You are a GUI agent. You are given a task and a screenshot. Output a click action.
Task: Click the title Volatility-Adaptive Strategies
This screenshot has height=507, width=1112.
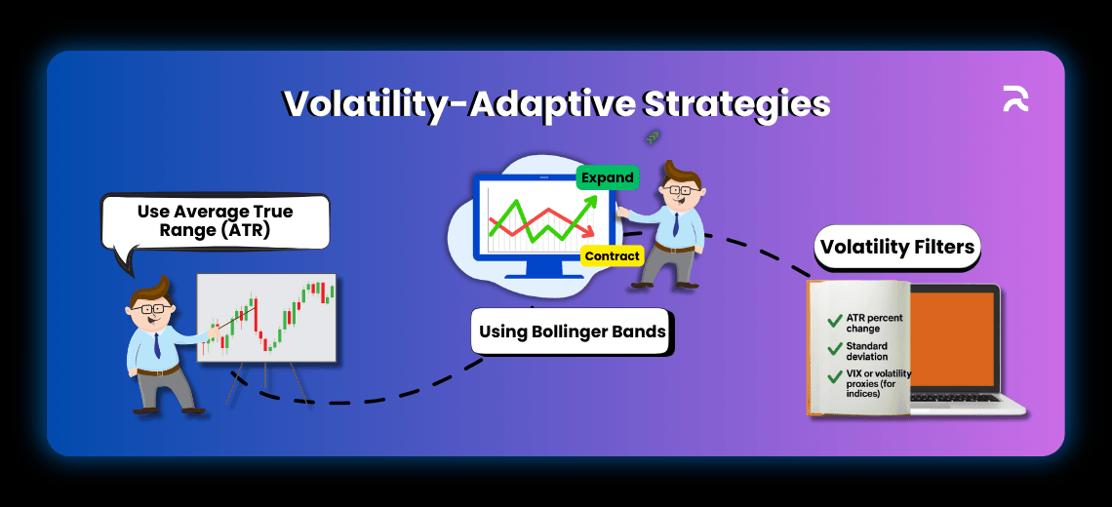[x=556, y=103]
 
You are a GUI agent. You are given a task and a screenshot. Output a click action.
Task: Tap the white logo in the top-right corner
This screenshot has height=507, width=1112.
[x=1015, y=98]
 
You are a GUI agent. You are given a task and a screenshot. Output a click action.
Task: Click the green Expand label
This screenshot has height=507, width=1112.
[x=607, y=178]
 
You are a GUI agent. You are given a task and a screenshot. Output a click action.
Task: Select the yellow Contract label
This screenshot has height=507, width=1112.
[x=612, y=256]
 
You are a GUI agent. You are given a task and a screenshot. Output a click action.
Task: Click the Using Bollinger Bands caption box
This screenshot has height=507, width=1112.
[x=573, y=332]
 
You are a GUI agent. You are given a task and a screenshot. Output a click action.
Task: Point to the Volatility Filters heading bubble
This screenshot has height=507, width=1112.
[x=896, y=247]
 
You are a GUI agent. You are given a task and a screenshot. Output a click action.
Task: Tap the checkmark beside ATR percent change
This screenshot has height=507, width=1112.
[x=835, y=321]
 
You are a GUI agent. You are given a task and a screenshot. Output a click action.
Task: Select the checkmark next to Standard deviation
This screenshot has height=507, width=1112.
[x=835, y=349]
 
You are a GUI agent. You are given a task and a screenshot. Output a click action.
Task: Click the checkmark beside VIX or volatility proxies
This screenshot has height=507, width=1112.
[x=835, y=377]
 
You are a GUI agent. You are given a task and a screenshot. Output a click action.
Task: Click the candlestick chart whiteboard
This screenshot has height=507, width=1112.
[x=266, y=318]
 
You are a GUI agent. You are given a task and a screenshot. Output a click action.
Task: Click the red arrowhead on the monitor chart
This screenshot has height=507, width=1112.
[x=588, y=232]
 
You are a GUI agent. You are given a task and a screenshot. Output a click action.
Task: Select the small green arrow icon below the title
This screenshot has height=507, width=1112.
[x=653, y=137]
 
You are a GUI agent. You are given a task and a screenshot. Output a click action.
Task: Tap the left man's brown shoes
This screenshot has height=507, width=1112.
[x=166, y=410]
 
